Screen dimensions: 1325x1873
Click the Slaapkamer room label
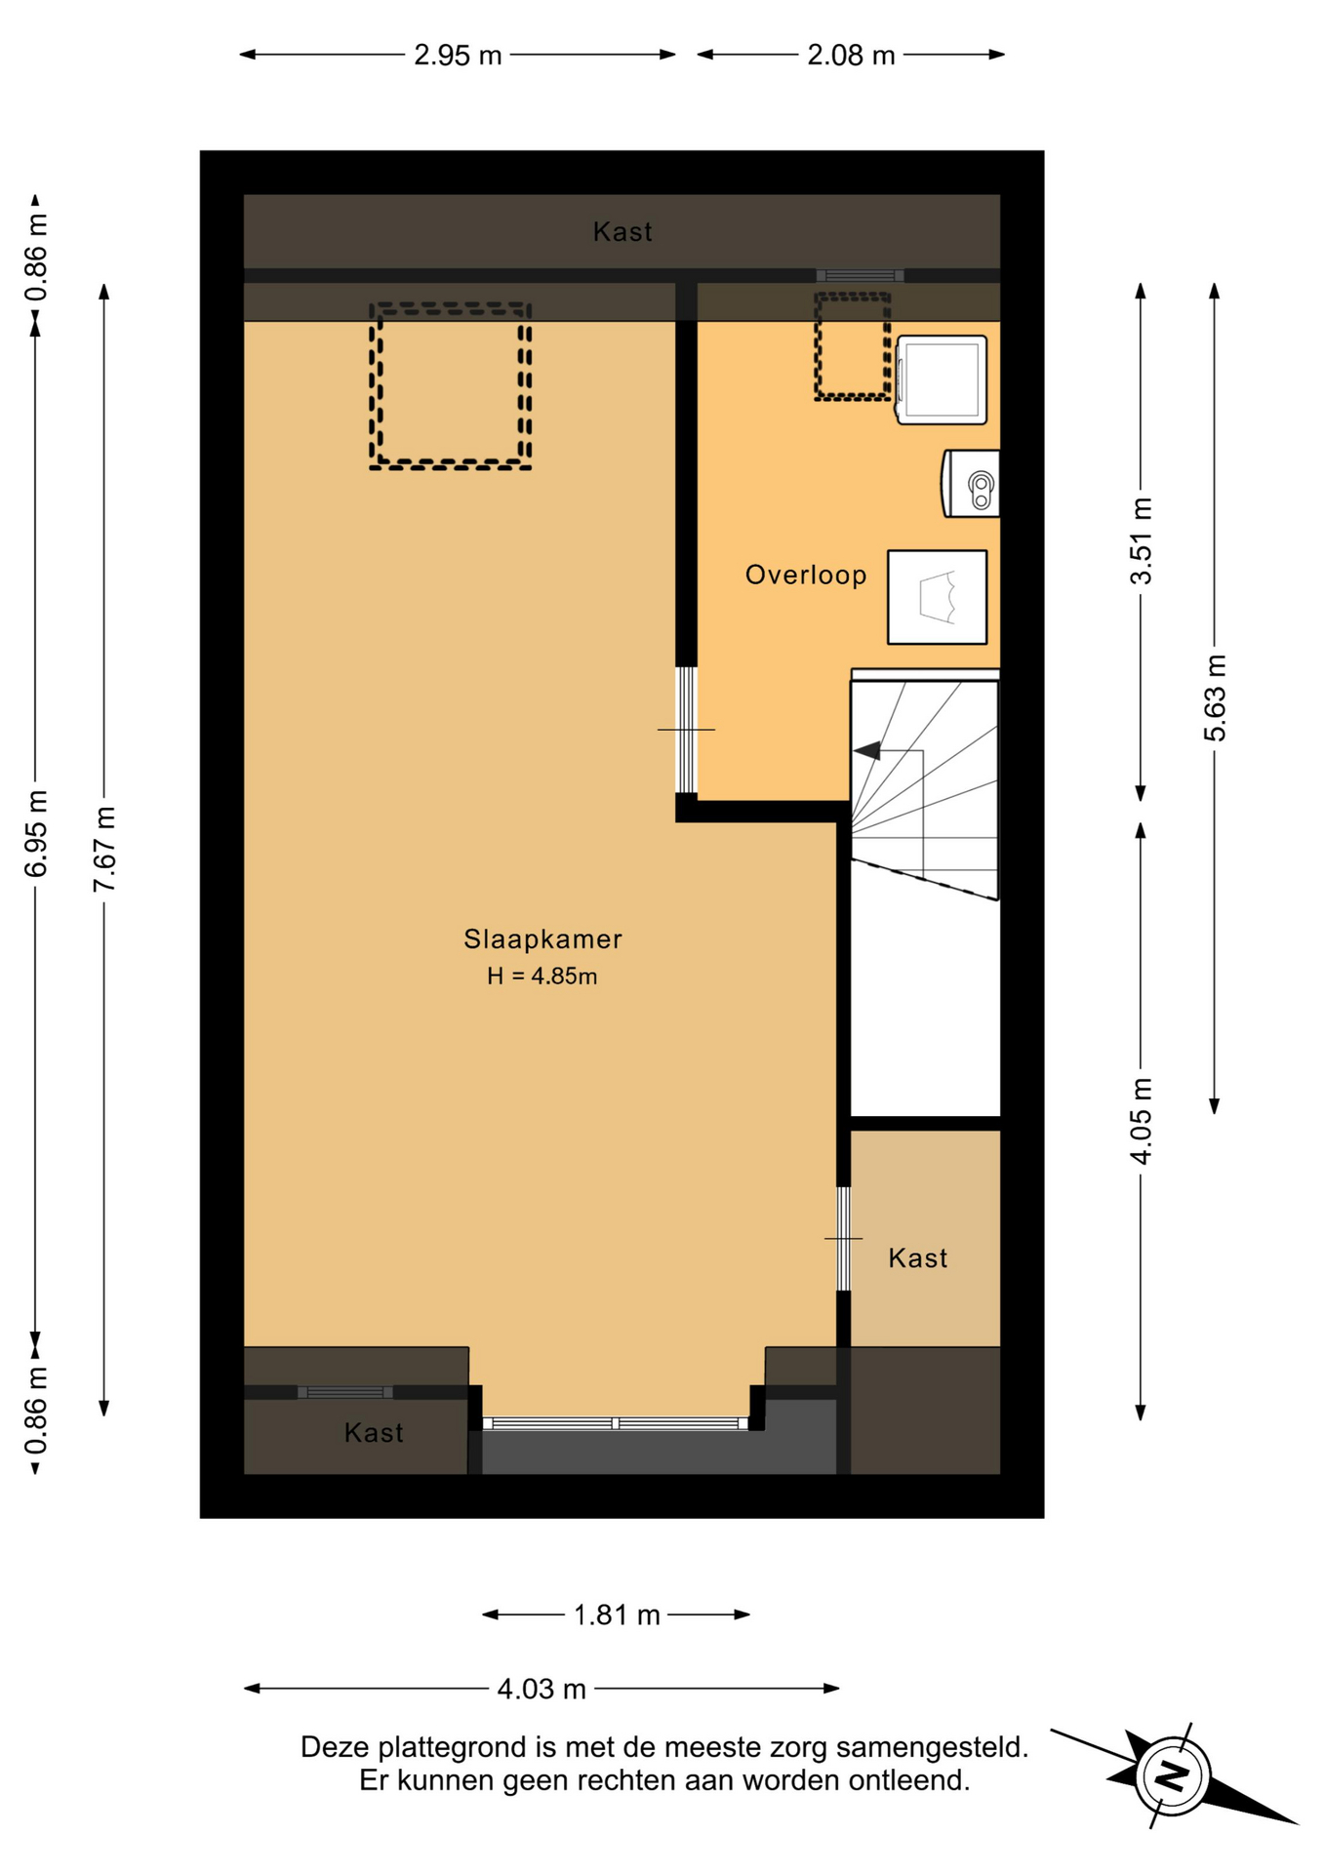(x=542, y=939)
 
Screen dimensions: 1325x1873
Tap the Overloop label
(x=806, y=576)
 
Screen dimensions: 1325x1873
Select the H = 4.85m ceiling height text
(x=542, y=976)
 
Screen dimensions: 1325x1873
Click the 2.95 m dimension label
(x=458, y=56)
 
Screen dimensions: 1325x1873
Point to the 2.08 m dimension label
(x=851, y=56)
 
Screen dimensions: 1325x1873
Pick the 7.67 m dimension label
(x=104, y=849)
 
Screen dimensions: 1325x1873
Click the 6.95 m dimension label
(x=36, y=834)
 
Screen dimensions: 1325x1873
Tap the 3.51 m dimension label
(x=1141, y=541)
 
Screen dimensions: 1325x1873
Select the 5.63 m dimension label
(x=1215, y=697)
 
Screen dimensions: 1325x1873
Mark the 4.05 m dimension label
(x=1141, y=1121)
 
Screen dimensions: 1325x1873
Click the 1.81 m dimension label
(x=617, y=1615)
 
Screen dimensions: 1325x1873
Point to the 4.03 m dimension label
(x=542, y=1689)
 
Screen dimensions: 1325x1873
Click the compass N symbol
(x=1172, y=1775)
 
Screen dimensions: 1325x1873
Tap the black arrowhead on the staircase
(x=866, y=750)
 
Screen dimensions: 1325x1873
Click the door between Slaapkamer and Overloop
(x=687, y=730)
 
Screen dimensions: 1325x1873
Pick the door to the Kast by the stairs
(x=844, y=1239)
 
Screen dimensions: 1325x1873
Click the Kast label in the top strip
(x=622, y=232)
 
